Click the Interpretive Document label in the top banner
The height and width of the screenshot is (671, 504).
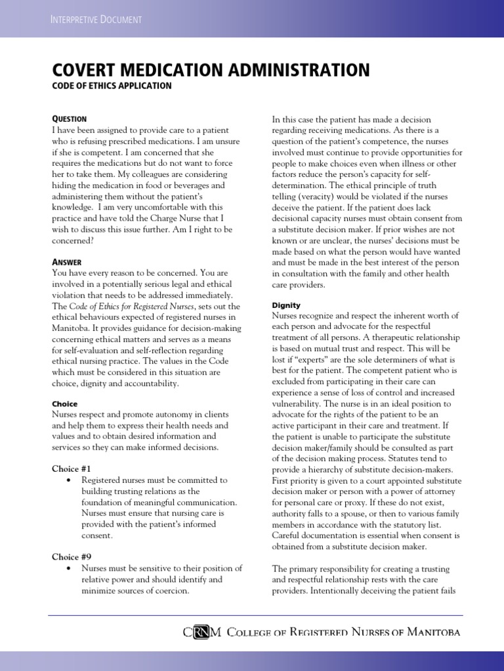[x=96, y=19]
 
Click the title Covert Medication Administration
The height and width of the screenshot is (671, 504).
[x=210, y=70]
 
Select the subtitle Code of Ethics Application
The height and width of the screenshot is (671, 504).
[x=112, y=86]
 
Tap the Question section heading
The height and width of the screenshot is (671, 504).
[x=69, y=119]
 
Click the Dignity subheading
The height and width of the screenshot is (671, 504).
[x=286, y=305]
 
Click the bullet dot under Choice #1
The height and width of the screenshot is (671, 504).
[x=69, y=480]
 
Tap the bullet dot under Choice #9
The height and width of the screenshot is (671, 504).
[x=69, y=569]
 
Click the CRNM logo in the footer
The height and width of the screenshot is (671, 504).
[x=203, y=632]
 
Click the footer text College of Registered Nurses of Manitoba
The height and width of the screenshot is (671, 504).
[x=343, y=632]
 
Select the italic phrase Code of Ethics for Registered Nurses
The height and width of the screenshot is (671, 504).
[x=135, y=306]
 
